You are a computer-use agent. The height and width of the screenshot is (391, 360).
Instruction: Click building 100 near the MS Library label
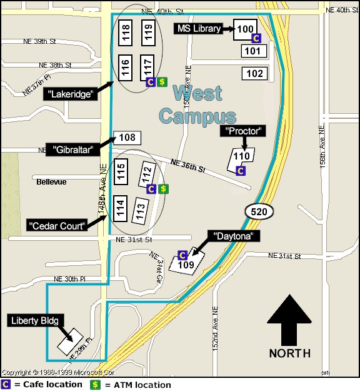pyautogui.click(x=246, y=29)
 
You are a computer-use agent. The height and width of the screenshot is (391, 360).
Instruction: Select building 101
pyautogui.click(x=254, y=51)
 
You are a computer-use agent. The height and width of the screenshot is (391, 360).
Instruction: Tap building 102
pyautogui.click(x=254, y=74)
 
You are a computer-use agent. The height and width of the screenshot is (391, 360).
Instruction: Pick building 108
pyautogui.click(x=127, y=138)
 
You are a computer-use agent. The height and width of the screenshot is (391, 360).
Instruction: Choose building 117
pyautogui.click(x=148, y=66)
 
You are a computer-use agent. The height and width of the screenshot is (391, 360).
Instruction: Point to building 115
pyautogui.click(x=122, y=171)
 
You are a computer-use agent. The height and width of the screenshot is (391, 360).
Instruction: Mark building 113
pyautogui.click(x=140, y=211)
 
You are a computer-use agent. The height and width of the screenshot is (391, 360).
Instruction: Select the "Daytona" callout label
pyautogui.click(x=234, y=236)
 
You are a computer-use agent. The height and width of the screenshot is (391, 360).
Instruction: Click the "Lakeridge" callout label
pyautogui.click(x=72, y=94)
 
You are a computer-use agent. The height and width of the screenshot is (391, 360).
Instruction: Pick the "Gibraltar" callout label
pyautogui.click(x=72, y=150)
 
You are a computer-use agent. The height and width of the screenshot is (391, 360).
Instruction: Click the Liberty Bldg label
pyautogui.click(x=36, y=321)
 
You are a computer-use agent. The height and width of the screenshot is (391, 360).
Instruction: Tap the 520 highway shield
pyautogui.click(x=259, y=211)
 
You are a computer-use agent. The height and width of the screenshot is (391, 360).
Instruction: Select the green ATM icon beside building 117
pyautogui.click(x=162, y=81)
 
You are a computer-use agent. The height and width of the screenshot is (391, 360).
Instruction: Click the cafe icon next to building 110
pyautogui.click(x=241, y=170)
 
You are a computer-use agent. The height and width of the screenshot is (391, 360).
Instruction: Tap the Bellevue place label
pyautogui.click(x=51, y=181)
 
